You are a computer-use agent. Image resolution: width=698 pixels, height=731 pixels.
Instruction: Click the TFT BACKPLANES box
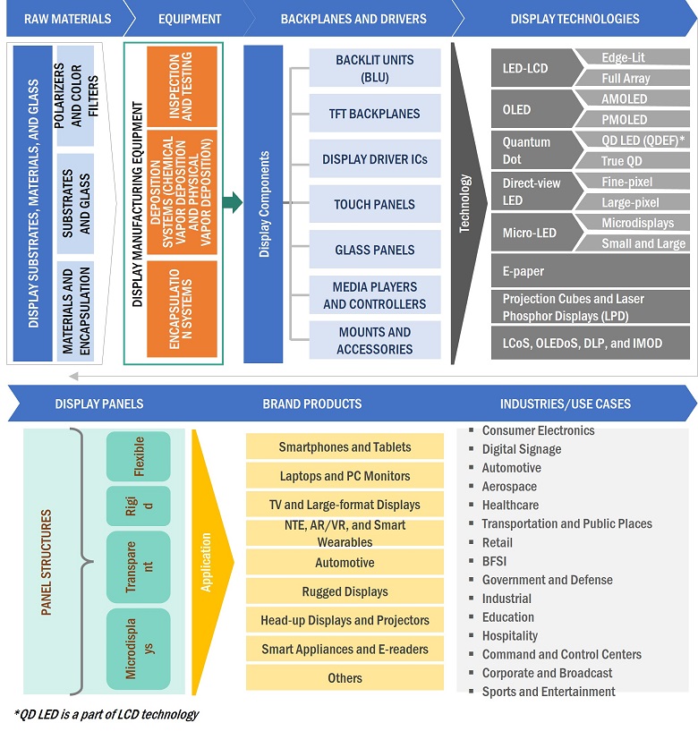pyautogui.click(x=374, y=114)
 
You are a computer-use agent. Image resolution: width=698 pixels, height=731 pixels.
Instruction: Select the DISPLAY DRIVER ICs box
pyautogui.click(x=374, y=159)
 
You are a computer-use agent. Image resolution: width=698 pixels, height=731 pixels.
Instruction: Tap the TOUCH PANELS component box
pyautogui.click(x=374, y=204)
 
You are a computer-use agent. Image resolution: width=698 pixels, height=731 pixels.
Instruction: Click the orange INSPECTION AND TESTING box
pyautogui.click(x=182, y=87)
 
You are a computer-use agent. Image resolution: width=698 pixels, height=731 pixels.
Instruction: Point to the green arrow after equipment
pyautogui.click(x=232, y=203)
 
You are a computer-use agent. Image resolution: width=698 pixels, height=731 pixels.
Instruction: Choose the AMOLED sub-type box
pyautogui.click(x=632, y=99)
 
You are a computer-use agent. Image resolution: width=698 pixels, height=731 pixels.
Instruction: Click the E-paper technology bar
pyautogui.click(x=590, y=271)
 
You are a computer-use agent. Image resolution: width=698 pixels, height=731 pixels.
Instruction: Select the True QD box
pyautogui.click(x=632, y=161)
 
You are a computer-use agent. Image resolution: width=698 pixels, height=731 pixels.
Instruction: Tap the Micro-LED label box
pyautogui.click(x=532, y=233)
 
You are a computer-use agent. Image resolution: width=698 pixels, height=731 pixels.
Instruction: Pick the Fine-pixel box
pyautogui.click(x=632, y=182)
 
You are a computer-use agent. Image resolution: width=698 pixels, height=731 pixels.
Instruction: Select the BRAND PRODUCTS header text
pyautogui.click(x=311, y=404)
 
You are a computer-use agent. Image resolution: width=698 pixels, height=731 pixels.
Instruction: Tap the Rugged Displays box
pyautogui.click(x=345, y=591)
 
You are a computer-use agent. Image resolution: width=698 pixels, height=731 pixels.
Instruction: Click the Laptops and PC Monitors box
pyautogui.click(x=345, y=476)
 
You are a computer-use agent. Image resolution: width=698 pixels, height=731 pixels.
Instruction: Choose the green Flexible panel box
pyautogui.click(x=138, y=456)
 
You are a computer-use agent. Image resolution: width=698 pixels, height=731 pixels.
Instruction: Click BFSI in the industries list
pyautogui.click(x=498, y=561)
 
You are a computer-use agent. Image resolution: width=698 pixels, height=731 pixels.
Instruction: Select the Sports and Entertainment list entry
pyautogui.click(x=549, y=692)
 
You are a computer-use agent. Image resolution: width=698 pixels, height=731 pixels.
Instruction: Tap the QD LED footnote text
pyautogui.click(x=106, y=714)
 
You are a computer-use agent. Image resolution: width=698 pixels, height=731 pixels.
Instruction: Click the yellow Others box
pyautogui.click(x=345, y=678)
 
